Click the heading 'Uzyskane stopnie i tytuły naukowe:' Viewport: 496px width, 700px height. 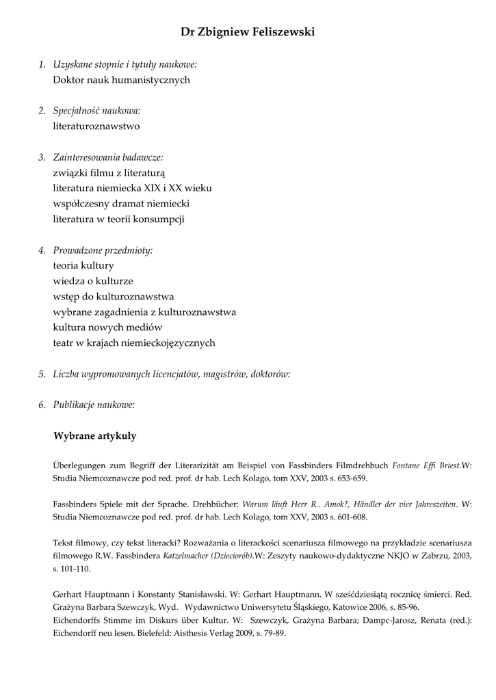125,64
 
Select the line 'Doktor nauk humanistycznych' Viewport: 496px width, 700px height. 121,80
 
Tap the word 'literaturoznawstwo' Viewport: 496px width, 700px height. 96,126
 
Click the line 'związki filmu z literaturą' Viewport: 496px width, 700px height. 109,173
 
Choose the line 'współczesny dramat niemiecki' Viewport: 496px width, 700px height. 121,204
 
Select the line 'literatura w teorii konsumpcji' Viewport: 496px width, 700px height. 118,219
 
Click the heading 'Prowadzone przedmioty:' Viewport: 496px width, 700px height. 103,250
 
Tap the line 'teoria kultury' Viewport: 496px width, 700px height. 83,265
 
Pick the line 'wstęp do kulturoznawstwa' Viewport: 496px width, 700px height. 113,297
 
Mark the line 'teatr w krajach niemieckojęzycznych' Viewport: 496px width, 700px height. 134,343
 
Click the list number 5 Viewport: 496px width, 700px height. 42,374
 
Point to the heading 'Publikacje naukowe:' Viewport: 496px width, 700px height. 94,405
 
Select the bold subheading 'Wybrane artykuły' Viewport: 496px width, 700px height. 94,435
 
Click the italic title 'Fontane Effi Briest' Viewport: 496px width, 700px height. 426,466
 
